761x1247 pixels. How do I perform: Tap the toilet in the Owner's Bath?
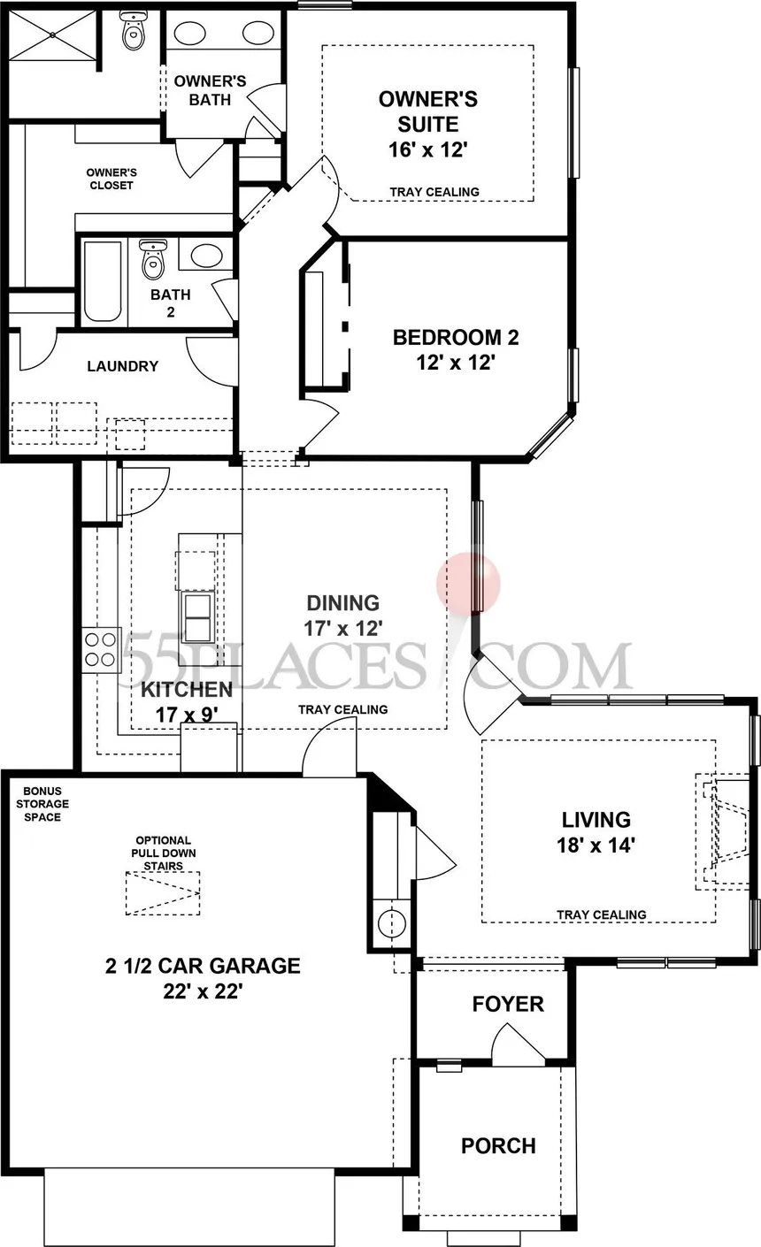133,32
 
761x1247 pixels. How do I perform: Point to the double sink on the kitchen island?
197,616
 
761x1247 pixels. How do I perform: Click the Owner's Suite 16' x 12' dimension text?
427,149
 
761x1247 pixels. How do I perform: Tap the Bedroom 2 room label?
456,337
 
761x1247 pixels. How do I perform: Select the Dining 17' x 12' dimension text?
343,628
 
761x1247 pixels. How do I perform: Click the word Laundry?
123,366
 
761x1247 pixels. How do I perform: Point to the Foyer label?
507,1004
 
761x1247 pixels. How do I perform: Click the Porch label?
498,1145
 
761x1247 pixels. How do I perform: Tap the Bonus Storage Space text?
42,804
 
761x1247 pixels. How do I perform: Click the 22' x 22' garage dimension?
203,991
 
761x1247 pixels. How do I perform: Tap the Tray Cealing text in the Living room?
601,914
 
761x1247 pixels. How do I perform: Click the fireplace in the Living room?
721,830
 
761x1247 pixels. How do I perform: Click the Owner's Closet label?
111,179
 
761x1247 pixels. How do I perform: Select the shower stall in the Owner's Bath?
51,35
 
